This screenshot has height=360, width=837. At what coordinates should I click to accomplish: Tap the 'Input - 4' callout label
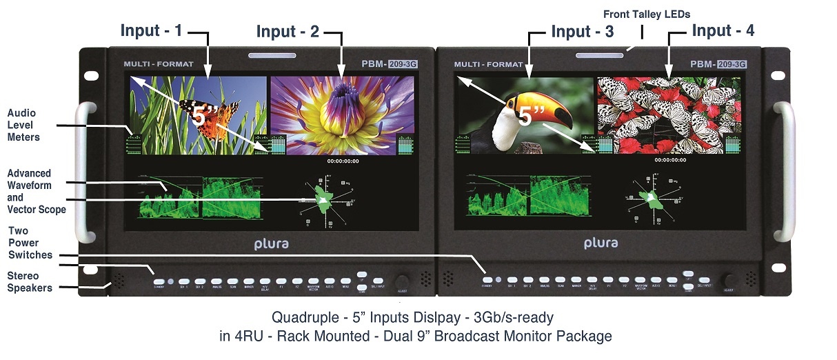[x=723, y=30]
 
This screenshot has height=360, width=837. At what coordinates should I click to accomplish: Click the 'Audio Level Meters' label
[x=23, y=125]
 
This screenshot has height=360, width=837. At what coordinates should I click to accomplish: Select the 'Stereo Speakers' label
[x=30, y=281]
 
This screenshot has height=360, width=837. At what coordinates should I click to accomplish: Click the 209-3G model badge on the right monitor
[x=732, y=64]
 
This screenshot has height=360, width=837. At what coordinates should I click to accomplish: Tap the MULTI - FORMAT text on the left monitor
[x=159, y=64]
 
